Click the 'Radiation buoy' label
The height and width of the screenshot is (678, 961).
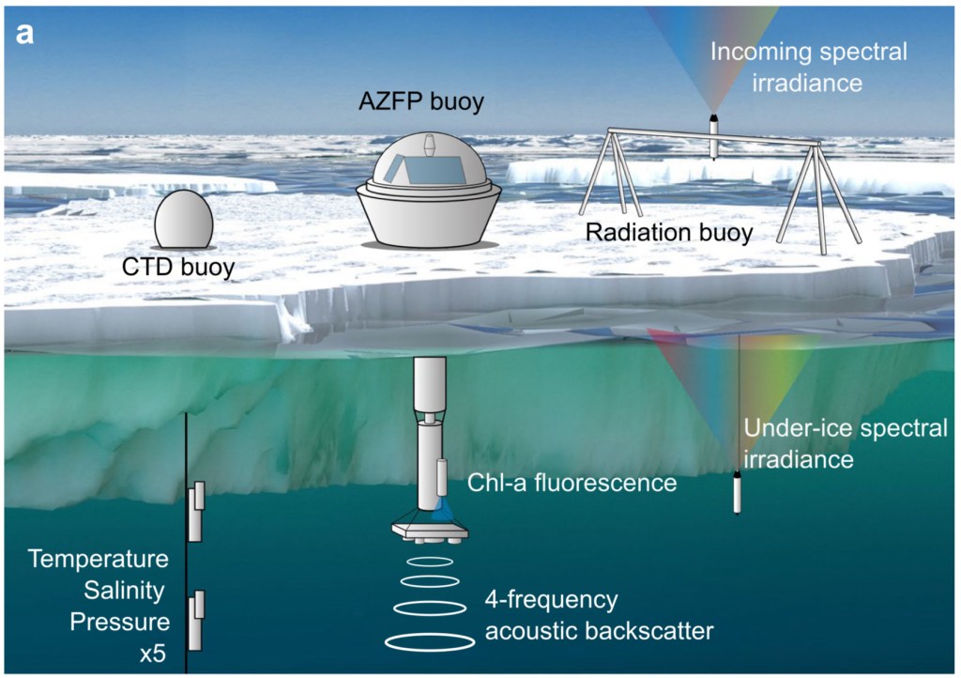click(x=668, y=232)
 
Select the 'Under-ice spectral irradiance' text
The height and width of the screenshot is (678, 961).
click(x=845, y=444)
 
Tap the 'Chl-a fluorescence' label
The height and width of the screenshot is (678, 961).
click(x=572, y=483)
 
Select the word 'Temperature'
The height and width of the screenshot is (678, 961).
click(x=98, y=561)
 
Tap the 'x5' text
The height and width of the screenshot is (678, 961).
click(x=152, y=651)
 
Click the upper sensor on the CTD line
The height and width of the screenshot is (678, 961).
click(x=195, y=513)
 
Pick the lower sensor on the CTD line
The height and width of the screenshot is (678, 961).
click(x=195, y=621)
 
